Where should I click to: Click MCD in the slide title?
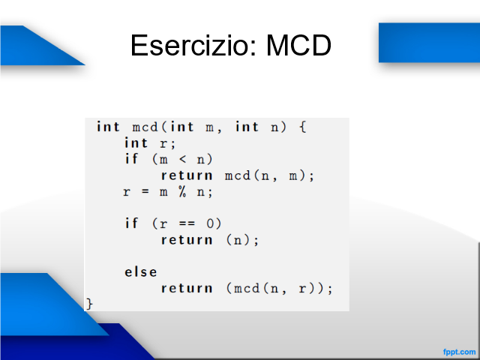coord(298,45)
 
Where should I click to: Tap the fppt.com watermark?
coord(459,352)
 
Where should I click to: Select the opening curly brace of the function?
coord(302,127)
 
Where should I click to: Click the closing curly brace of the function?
coord(89,304)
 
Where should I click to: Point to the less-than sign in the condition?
coord(182,159)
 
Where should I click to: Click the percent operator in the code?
coord(182,192)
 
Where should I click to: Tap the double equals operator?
coord(187,223)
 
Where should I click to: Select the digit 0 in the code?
coord(210,223)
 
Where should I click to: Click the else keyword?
coord(141,271)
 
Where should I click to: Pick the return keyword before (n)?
coord(187,240)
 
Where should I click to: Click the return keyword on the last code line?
coord(187,288)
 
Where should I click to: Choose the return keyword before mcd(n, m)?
coord(187,175)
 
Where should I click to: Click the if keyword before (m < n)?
coord(132,158)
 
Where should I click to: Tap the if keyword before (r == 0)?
coord(132,223)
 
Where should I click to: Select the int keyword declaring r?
coord(136,142)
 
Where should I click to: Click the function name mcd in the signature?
coord(145,127)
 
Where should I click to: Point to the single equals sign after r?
coord(145,192)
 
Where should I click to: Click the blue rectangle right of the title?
coord(429,43)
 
